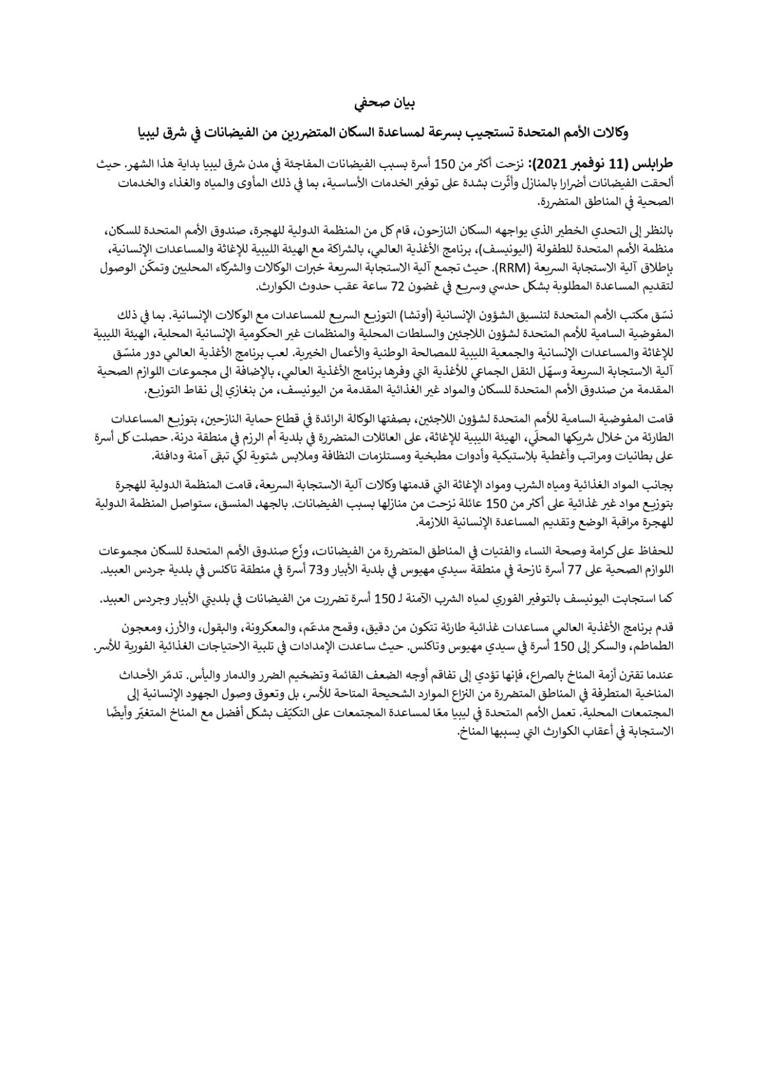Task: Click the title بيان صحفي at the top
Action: coord(383,102)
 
